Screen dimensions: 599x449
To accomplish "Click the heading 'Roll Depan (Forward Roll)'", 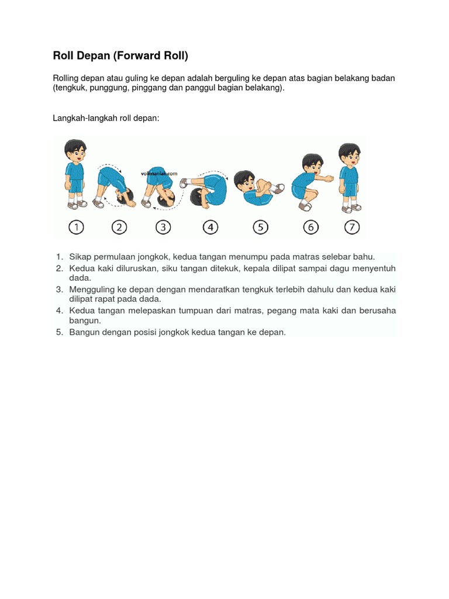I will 120,56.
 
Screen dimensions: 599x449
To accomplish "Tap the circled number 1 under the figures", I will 75,227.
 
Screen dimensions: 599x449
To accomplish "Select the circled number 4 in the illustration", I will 209,227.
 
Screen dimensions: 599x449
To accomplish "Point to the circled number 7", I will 351,227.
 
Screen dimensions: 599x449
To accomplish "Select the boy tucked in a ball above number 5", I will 257,188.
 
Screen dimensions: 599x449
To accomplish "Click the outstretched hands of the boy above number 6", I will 329,178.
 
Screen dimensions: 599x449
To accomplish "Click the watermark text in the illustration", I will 159,173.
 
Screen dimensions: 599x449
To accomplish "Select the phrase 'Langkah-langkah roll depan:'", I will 106,118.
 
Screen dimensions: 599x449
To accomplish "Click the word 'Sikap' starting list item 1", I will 80,257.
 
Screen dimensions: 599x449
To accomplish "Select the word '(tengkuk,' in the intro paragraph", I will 71,88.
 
